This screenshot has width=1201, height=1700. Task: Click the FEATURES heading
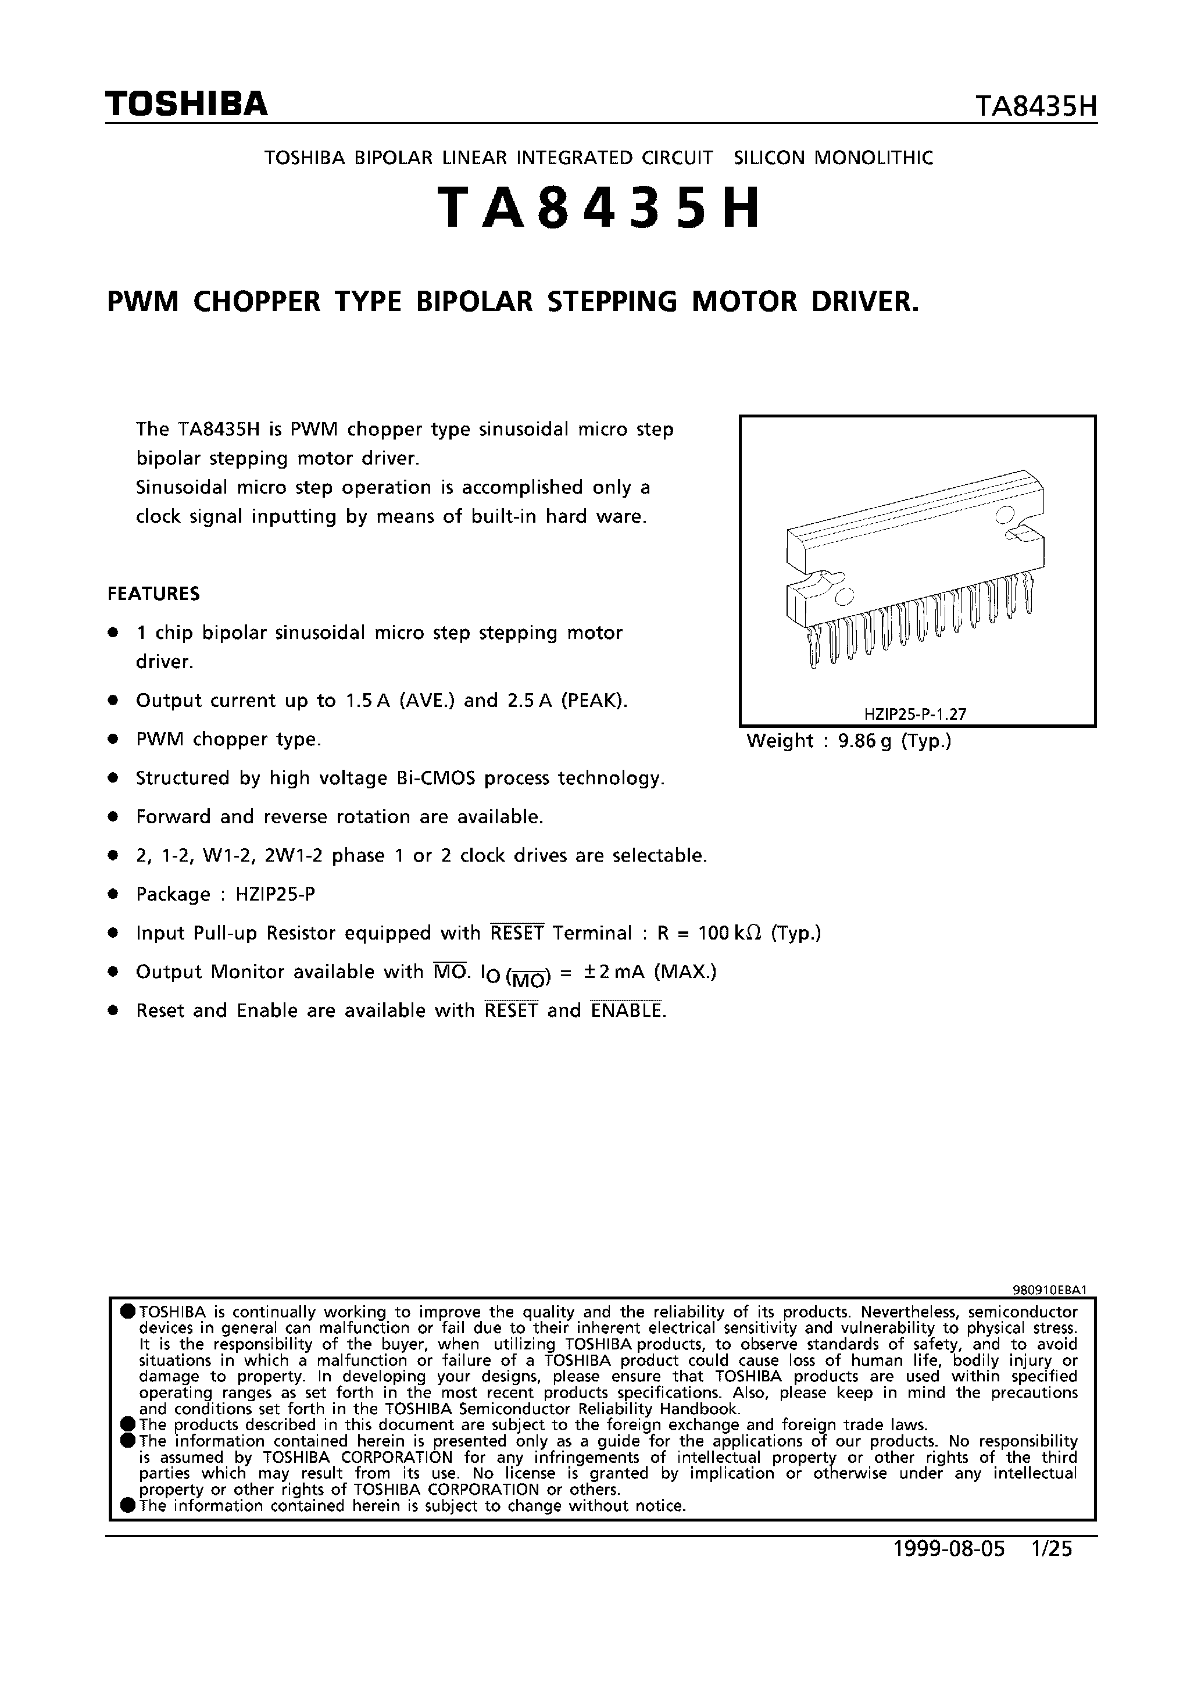click(x=153, y=594)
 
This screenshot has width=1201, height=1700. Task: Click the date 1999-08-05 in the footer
click(x=950, y=1549)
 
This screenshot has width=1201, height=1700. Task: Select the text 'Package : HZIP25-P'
click(x=226, y=894)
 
